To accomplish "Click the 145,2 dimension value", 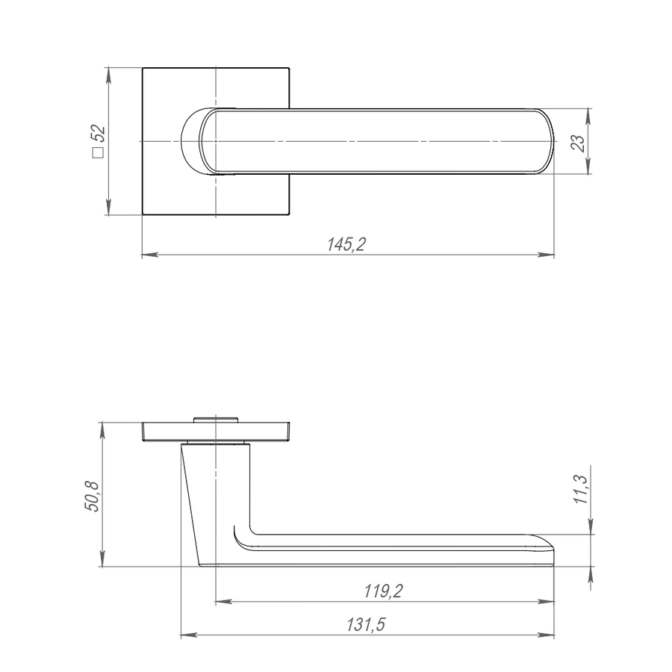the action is (346, 244).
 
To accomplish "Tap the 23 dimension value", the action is (578, 143).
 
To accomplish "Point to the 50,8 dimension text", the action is (92, 497).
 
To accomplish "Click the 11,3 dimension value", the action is (582, 489).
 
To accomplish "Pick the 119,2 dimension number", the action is (384, 591).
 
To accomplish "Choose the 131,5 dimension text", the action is (366, 624).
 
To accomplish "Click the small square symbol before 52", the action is (98, 152).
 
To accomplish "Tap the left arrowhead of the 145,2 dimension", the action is (150, 255).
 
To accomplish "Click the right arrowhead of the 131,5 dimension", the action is (546, 635).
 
